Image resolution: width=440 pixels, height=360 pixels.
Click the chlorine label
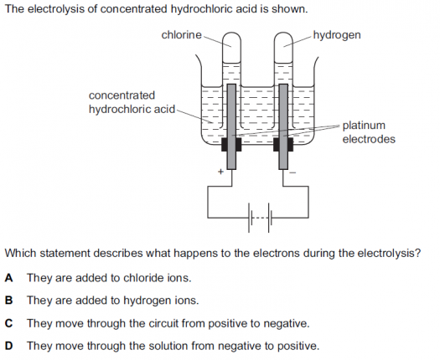(x=181, y=35)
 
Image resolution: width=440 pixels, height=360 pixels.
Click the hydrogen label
(x=337, y=36)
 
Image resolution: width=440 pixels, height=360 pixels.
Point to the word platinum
(x=364, y=126)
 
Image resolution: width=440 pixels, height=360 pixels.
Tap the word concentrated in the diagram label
(x=122, y=95)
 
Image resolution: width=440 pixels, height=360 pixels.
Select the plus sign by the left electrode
(x=221, y=172)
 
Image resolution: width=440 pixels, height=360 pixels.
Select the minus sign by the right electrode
(x=292, y=172)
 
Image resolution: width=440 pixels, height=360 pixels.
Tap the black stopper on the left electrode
(x=231, y=144)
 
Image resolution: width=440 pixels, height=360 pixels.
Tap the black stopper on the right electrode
(x=283, y=144)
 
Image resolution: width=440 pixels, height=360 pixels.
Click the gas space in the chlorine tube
(x=231, y=48)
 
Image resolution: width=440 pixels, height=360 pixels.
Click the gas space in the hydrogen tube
(x=283, y=48)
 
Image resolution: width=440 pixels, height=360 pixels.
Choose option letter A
(x=8, y=278)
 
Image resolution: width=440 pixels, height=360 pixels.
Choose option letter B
(x=8, y=301)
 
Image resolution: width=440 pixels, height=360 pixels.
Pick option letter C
(x=8, y=323)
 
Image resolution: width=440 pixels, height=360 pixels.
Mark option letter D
(x=8, y=346)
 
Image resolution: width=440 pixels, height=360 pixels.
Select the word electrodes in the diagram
(x=369, y=139)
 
